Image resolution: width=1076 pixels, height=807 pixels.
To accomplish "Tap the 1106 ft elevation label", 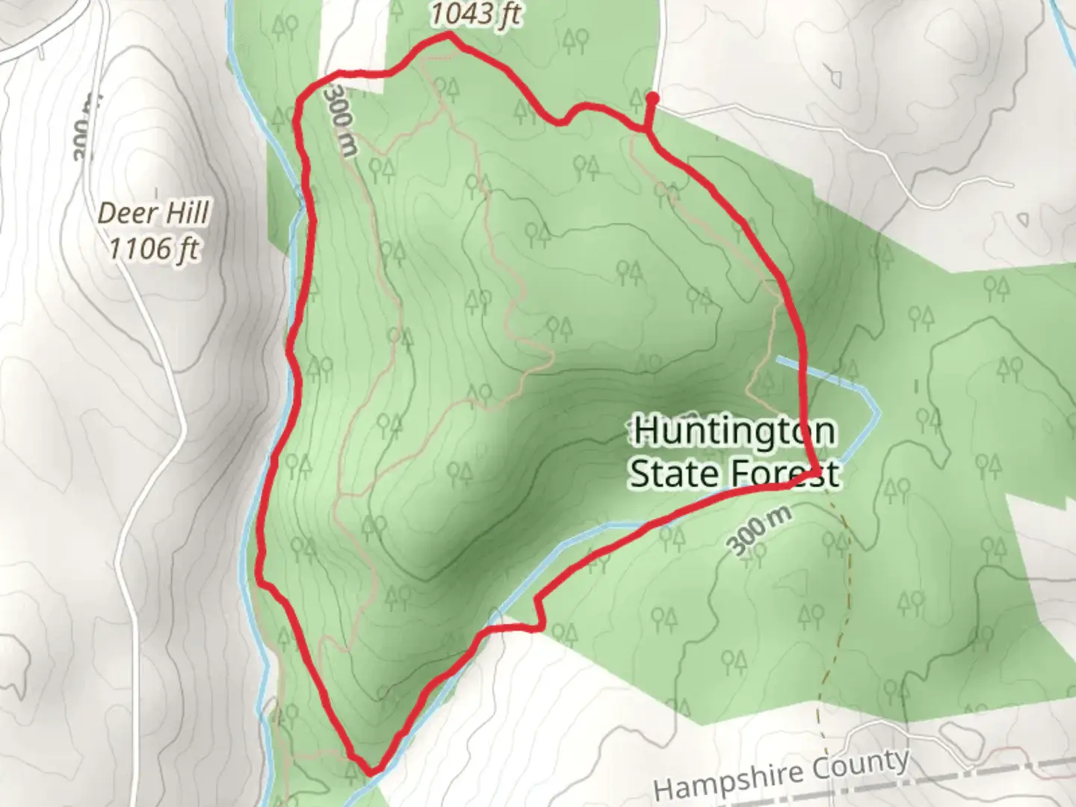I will [x=154, y=248].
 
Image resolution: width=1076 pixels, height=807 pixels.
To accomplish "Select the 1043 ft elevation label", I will [x=475, y=13].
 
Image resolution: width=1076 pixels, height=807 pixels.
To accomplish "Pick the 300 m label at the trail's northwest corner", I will [x=340, y=120].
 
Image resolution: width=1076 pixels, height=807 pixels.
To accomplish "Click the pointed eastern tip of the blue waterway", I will [x=879, y=412].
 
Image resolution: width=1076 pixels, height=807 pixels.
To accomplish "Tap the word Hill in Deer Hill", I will [x=186, y=214].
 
